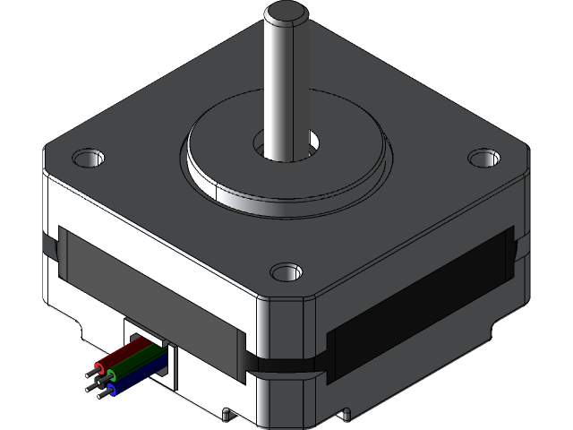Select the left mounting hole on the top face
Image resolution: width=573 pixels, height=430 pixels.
pos(88,159)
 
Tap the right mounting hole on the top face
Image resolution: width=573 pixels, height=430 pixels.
pos(483,158)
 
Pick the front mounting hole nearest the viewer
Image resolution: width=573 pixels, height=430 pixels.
pos(286,270)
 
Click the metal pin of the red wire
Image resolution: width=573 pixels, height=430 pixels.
pos(92,369)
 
